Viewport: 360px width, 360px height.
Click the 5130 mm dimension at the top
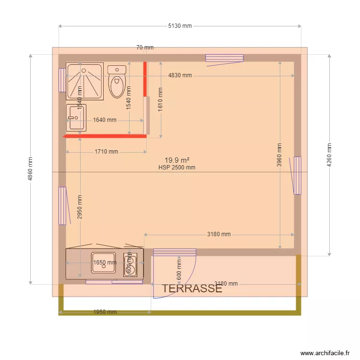tap(180, 26)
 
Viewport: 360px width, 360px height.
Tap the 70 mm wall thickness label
tap(145, 48)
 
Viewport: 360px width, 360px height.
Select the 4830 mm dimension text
tap(180, 75)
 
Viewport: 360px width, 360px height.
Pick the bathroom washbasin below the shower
tap(76, 118)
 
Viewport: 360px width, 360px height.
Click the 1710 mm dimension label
tap(106, 152)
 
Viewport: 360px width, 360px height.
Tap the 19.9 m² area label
tap(177, 160)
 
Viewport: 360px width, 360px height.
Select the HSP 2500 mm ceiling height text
tap(177, 168)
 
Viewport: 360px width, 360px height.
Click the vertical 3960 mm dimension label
tap(280, 156)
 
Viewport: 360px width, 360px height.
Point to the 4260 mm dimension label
tap(329, 155)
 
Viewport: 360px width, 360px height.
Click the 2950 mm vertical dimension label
tap(80, 207)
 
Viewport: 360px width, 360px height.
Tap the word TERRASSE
tap(192, 288)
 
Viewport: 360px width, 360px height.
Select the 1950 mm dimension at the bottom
tap(105, 312)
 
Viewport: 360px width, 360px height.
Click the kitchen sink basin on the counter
tap(104, 263)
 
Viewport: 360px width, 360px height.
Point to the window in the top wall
tap(225, 58)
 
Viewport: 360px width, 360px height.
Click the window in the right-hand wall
tap(297, 175)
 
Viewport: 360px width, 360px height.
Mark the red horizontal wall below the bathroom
tap(105, 136)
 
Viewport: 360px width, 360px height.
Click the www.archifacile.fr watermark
tap(325, 353)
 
